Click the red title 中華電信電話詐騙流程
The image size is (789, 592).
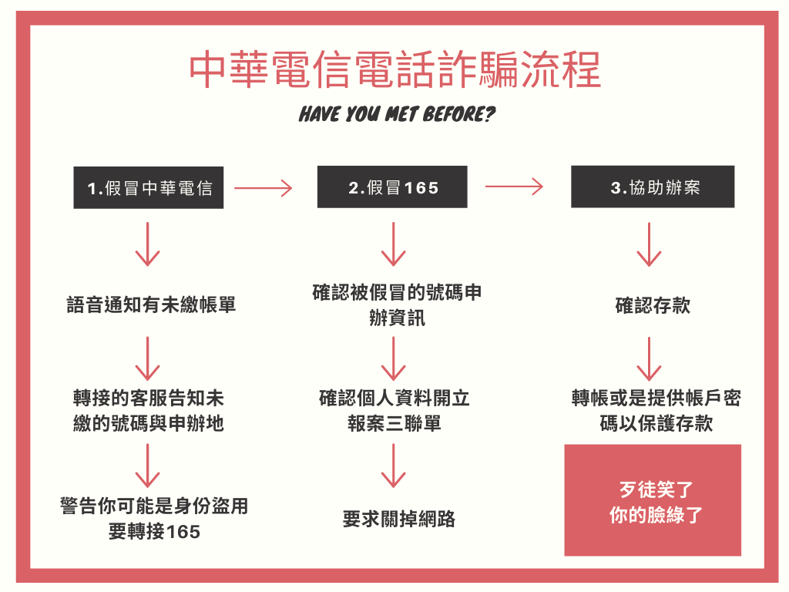[395, 69]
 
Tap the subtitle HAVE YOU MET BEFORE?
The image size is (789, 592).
[397, 114]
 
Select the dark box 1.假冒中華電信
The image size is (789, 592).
[149, 188]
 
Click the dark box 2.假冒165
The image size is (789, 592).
[392, 187]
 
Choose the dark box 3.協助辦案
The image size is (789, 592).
[653, 187]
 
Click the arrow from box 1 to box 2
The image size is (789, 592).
[264, 188]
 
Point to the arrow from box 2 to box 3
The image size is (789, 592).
[514, 187]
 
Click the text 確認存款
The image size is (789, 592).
[653, 305]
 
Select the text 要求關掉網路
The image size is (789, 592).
[398, 519]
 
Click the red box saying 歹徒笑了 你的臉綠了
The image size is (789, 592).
[653, 500]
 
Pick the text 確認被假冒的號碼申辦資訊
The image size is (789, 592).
[397, 305]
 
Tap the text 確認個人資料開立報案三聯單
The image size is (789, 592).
[394, 411]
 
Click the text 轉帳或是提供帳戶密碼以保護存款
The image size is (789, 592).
[656, 411]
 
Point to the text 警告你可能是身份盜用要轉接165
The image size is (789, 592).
[154, 519]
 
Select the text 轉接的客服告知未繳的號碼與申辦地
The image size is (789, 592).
[149, 411]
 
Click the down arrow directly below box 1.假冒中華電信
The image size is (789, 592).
[147, 244]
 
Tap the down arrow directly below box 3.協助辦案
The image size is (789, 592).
[649, 244]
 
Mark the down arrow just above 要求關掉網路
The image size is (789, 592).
[394, 466]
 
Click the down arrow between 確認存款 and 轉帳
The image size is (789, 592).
[649, 359]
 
